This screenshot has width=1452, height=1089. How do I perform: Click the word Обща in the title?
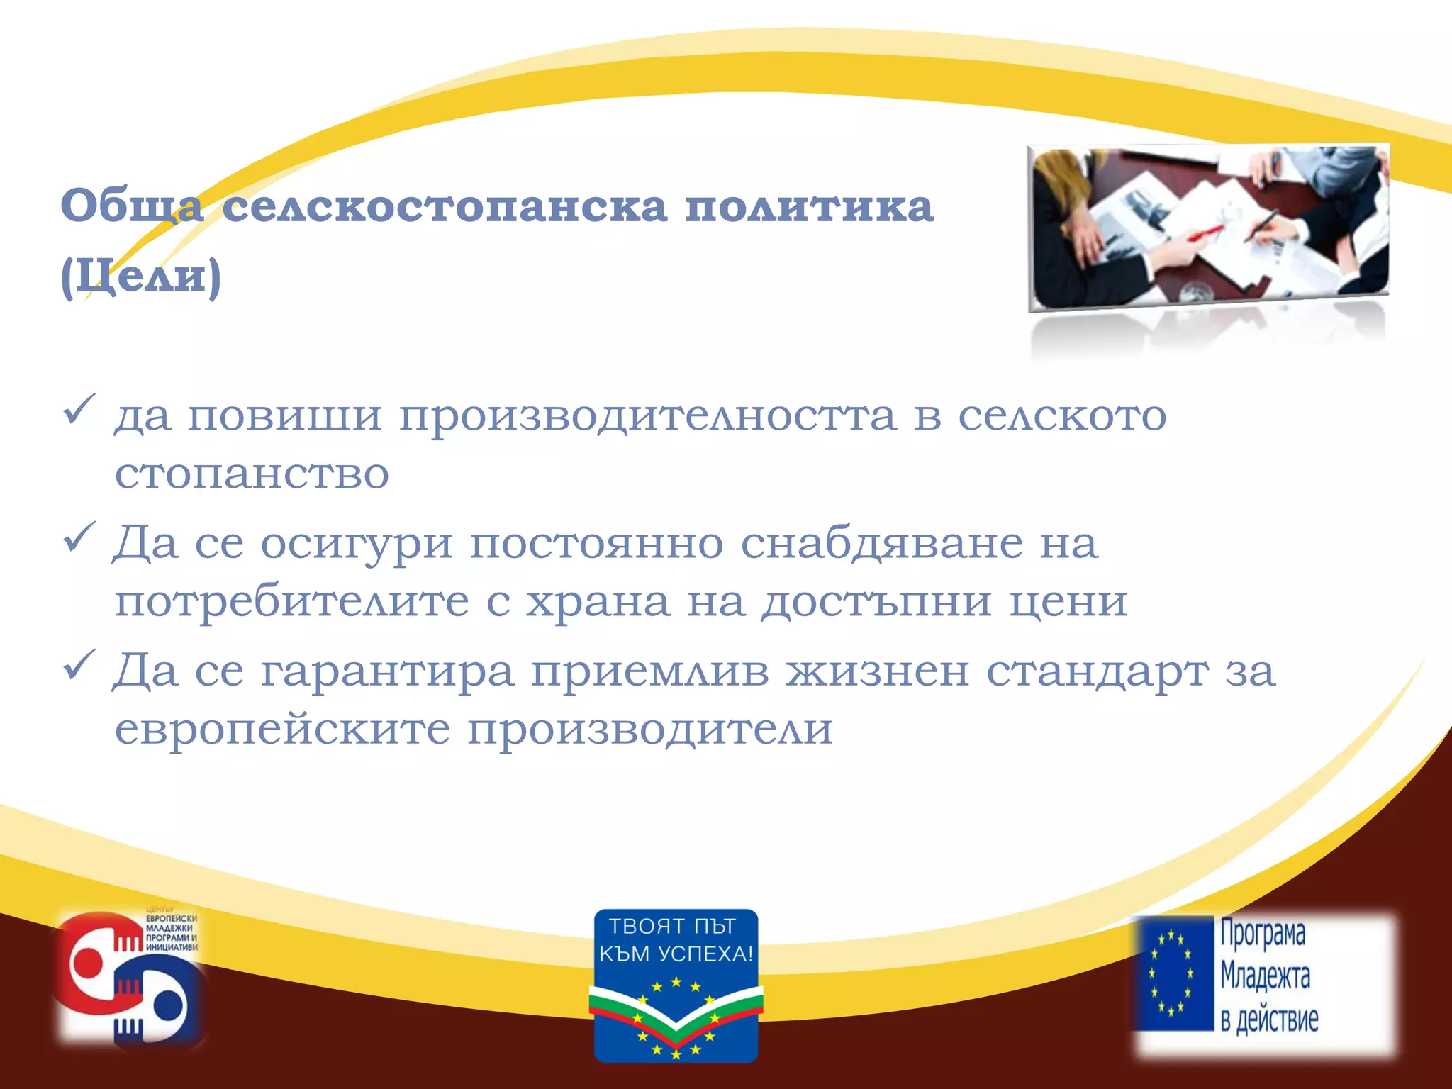click(132, 206)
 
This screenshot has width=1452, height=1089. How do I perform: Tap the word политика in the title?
click(809, 206)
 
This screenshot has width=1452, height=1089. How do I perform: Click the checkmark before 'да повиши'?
click(79, 409)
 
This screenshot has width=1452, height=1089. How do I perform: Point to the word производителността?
click(647, 416)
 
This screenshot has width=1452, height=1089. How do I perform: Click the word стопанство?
click(252, 474)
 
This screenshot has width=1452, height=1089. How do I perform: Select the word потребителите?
click(291, 602)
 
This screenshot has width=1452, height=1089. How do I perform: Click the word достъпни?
click(876, 602)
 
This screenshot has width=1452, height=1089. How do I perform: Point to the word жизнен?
click(876, 671)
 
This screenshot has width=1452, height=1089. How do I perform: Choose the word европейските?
click(282, 729)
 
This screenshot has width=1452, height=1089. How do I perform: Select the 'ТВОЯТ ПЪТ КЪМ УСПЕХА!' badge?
click(676, 985)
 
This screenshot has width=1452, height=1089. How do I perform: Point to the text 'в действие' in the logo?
click(1269, 1020)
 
